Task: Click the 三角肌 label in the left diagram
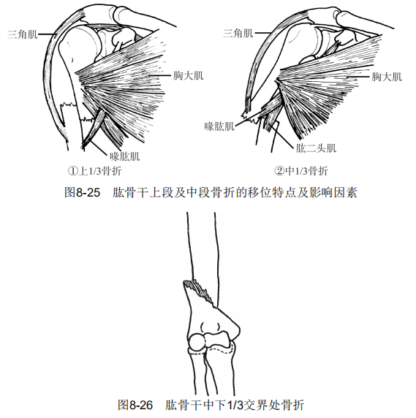pyautogui.click(x=23, y=34)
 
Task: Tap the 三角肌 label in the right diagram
pyautogui.click(x=238, y=34)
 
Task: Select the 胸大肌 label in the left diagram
pyautogui.click(x=189, y=76)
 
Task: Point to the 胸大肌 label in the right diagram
pyautogui.click(x=387, y=77)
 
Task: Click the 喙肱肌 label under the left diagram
pyautogui.click(x=125, y=156)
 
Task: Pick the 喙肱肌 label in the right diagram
pyautogui.click(x=219, y=126)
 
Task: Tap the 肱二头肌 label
pyautogui.click(x=317, y=148)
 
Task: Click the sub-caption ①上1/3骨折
pyautogui.click(x=94, y=171)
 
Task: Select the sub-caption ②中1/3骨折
pyautogui.click(x=301, y=171)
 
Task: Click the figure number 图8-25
pyautogui.click(x=83, y=192)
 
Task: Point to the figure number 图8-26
pyautogui.click(x=135, y=405)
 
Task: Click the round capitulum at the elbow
pyautogui.click(x=198, y=342)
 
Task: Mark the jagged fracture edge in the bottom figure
pyautogui.click(x=200, y=292)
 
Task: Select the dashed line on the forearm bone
pyautogui.click(x=219, y=349)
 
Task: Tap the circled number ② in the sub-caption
pyautogui.click(x=279, y=171)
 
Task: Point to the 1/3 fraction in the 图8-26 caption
pyautogui.click(x=235, y=405)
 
